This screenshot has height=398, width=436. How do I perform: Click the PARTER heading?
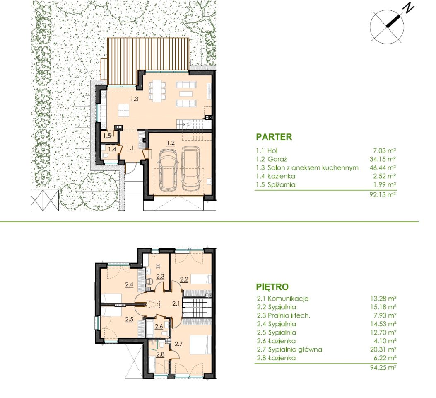tap(274, 137)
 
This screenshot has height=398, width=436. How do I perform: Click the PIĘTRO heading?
tap(272, 286)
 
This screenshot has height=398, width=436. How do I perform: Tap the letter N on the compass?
tap(408, 8)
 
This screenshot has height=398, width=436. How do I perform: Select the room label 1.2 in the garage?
tap(171, 143)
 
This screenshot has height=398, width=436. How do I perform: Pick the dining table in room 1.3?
tap(157, 90)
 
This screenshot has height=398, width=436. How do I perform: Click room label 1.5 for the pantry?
tap(107, 136)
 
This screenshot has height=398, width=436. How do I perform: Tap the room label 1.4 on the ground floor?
tap(112, 150)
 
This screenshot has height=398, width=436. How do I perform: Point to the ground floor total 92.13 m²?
tap(383, 194)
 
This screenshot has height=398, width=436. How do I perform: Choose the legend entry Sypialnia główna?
tap(295, 349)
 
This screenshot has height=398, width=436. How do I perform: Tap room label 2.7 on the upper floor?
tap(178, 344)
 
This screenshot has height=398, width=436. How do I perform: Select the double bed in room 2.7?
tap(200, 345)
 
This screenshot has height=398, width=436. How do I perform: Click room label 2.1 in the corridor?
tap(176, 303)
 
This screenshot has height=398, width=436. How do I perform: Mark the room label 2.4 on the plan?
tap(129, 284)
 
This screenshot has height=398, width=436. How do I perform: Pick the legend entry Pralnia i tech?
tap(289, 315)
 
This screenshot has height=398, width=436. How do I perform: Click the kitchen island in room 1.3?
tap(124, 110)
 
